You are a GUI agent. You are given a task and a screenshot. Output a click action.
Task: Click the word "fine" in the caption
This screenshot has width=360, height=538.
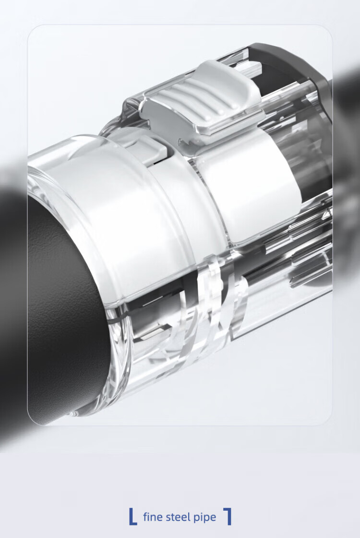coord(152,517)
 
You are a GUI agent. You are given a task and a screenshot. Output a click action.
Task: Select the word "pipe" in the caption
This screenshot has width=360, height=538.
coord(205,518)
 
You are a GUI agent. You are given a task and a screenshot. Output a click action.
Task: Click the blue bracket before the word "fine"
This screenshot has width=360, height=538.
coord(132,516)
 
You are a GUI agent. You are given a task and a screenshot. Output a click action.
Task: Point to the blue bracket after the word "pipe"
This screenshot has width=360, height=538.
coord(228,516)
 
